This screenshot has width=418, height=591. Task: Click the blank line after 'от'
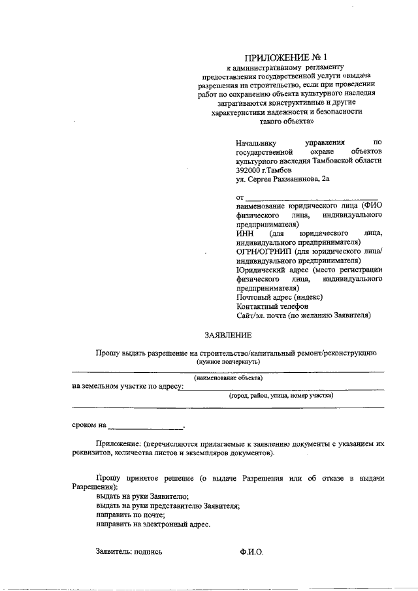(x=300, y=197)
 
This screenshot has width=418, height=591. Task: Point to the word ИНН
(x=242, y=233)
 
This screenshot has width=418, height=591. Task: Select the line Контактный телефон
(x=272, y=306)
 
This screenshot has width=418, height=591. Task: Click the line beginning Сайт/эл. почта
(x=304, y=315)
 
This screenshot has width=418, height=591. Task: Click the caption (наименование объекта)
(x=228, y=377)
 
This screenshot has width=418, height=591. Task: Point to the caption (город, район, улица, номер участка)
(x=281, y=396)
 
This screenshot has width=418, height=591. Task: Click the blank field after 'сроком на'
(x=146, y=425)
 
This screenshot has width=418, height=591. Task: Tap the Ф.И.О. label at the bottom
(x=251, y=552)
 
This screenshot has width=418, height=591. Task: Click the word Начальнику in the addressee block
(x=257, y=142)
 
